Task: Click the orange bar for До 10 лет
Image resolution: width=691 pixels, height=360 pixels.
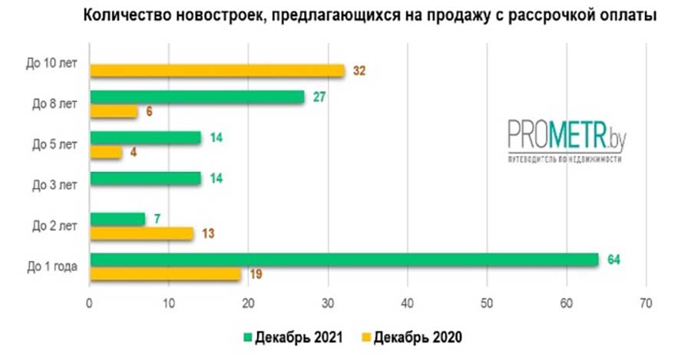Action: pyautogui.click(x=217, y=71)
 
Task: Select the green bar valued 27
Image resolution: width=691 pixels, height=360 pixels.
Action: pyautogui.click(x=197, y=97)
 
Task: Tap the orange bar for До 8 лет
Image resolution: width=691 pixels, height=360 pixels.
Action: pyautogui.click(x=114, y=112)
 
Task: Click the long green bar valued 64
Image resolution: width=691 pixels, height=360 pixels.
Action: pyautogui.click(x=344, y=259)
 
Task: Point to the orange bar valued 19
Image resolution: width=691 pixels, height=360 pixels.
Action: pyautogui.click(x=165, y=274)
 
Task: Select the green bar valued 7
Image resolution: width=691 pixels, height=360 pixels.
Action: pyautogui.click(x=117, y=220)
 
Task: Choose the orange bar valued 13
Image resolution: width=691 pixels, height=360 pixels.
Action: pyautogui.click(x=141, y=233)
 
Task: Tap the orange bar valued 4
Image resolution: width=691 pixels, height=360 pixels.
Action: pyautogui.click(x=106, y=152)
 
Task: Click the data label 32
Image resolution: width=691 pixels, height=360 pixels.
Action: pyautogui.click(x=359, y=71)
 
